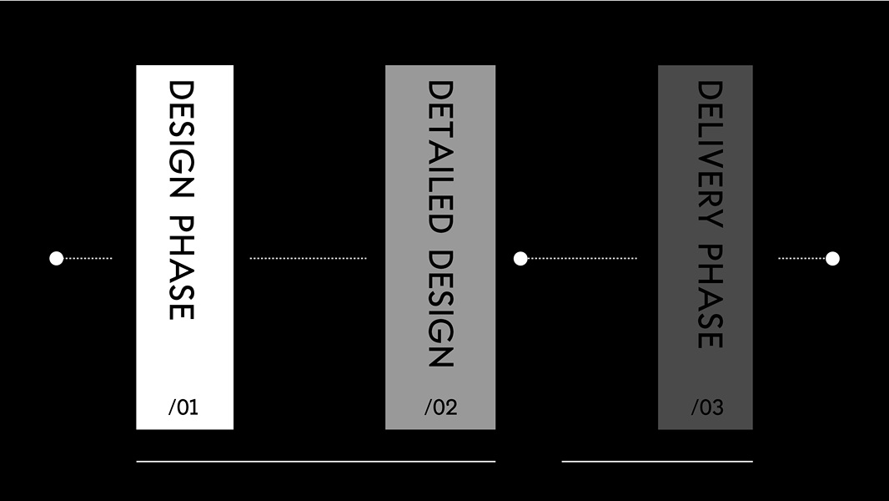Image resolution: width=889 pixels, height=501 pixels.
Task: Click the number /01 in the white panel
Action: pyautogui.click(x=183, y=407)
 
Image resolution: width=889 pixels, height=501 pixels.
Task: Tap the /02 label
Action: pyautogui.click(x=440, y=407)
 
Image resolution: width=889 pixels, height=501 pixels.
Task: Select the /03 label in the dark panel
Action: pyautogui.click(x=707, y=407)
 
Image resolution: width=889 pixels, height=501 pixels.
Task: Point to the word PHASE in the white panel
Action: pyautogui.click(x=181, y=268)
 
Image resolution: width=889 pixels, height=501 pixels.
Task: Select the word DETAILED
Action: pyautogui.click(x=439, y=156)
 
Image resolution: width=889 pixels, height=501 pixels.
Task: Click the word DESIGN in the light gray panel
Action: pyautogui.click(x=439, y=309)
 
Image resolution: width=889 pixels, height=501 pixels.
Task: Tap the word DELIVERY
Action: pyautogui.click(x=709, y=154)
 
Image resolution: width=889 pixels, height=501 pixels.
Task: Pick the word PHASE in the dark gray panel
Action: pyautogui.click(x=709, y=296)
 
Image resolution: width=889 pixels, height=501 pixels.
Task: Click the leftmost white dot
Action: pyautogui.click(x=57, y=258)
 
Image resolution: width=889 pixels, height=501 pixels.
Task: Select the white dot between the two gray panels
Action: pyautogui.click(x=520, y=258)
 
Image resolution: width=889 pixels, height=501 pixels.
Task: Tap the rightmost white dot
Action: pyautogui.click(x=832, y=258)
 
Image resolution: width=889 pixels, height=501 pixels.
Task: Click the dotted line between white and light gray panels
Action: pyautogui.click(x=308, y=258)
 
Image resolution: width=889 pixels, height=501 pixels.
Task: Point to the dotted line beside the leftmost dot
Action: pyautogui.click(x=88, y=258)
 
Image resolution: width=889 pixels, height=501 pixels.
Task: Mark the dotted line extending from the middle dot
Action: pyautogui.click(x=583, y=258)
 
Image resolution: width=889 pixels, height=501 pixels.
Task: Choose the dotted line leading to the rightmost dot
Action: pyautogui.click(x=801, y=258)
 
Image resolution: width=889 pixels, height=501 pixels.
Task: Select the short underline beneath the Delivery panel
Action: pyautogui.click(x=657, y=461)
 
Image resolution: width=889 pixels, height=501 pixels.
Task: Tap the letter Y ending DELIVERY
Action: pyautogui.click(x=709, y=220)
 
